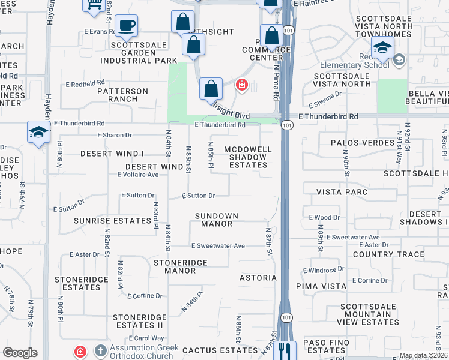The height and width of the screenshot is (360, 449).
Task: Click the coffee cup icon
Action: (125, 25)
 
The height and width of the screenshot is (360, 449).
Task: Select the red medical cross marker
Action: (242, 85)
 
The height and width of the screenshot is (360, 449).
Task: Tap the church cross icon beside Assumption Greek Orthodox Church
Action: (100, 350)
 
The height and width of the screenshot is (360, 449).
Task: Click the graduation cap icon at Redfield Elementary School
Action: (382, 47)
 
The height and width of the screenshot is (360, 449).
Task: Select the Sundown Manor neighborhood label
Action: (217, 220)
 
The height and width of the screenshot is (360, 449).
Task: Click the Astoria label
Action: (258, 278)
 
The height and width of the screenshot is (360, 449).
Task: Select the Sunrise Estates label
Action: (113, 220)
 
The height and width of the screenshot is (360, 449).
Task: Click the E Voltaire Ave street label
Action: (138, 175)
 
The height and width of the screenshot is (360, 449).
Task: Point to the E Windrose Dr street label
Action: (325, 270)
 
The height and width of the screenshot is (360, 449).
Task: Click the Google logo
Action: (19, 353)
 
